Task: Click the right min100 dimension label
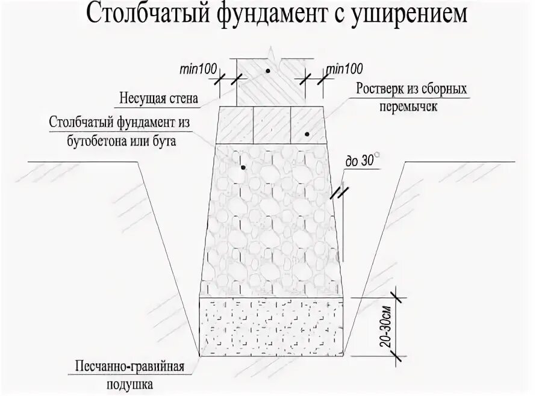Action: [341, 69]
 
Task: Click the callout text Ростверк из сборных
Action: [411, 88]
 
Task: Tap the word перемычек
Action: [411, 108]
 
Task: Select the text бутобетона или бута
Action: [133, 141]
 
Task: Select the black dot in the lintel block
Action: [307, 134]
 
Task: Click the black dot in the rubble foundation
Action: [243, 167]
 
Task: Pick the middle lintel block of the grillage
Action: [272, 125]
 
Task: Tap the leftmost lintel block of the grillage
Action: [234, 125]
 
